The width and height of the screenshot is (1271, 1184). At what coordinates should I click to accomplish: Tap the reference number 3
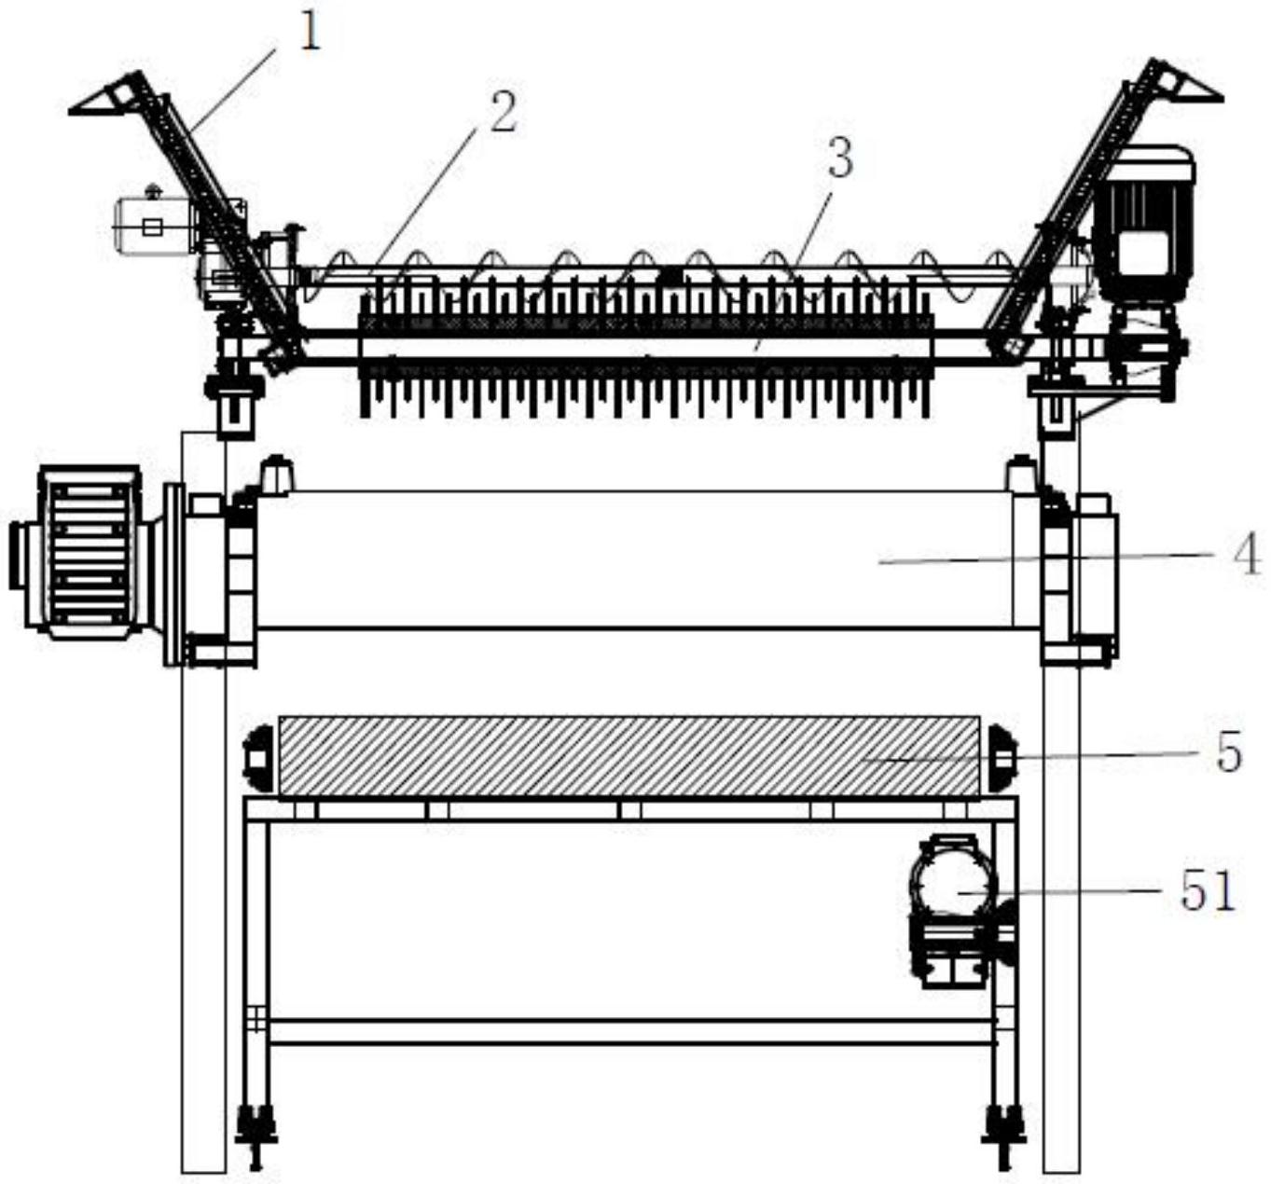[x=840, y=158]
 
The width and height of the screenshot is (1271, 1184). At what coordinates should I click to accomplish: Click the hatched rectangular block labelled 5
[x=629, y=756]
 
